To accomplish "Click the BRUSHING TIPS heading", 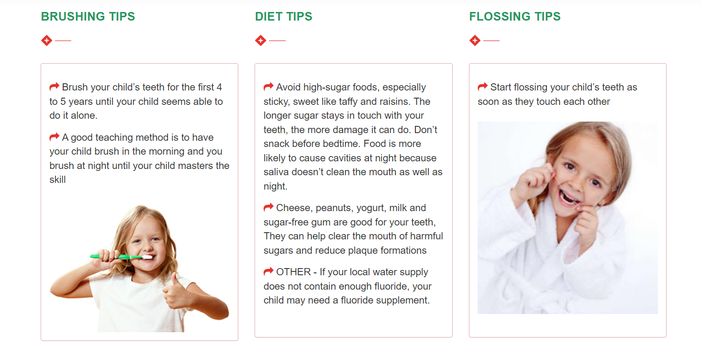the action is pyautogui.click(x=88, y=16).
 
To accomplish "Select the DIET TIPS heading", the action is pyautogui.click(x=284, y=16).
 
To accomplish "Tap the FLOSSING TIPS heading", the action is pyautogui.click(x=514, y=16).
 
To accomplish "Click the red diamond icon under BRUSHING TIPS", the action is pyautogui.click(x=46, y=41).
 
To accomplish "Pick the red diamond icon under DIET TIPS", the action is pyautogui.click(x=260, y=41).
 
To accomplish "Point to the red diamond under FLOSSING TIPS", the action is pyautogui.click(x=475, y=41).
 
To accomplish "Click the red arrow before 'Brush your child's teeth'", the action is pyautogui.click(x=54, y=87).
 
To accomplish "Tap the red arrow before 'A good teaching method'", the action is pyautogui.click(x=54, y=137).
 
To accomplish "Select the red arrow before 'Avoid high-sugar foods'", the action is pyautogui.click(x=268, y=87).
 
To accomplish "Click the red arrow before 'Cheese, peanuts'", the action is pyautogui.click(x=268, y=207).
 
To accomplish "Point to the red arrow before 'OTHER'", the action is pyautogui.click(x=268, y=271).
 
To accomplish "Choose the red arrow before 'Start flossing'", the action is pyautogui.click(x=483, y=87).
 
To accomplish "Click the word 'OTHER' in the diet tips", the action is pyautogui.click(x=293, y=272).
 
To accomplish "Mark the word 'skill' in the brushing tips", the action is pyautogui.click(x=58, y=180).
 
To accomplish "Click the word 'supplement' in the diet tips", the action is pyautogui.click(x=402, y=301).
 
